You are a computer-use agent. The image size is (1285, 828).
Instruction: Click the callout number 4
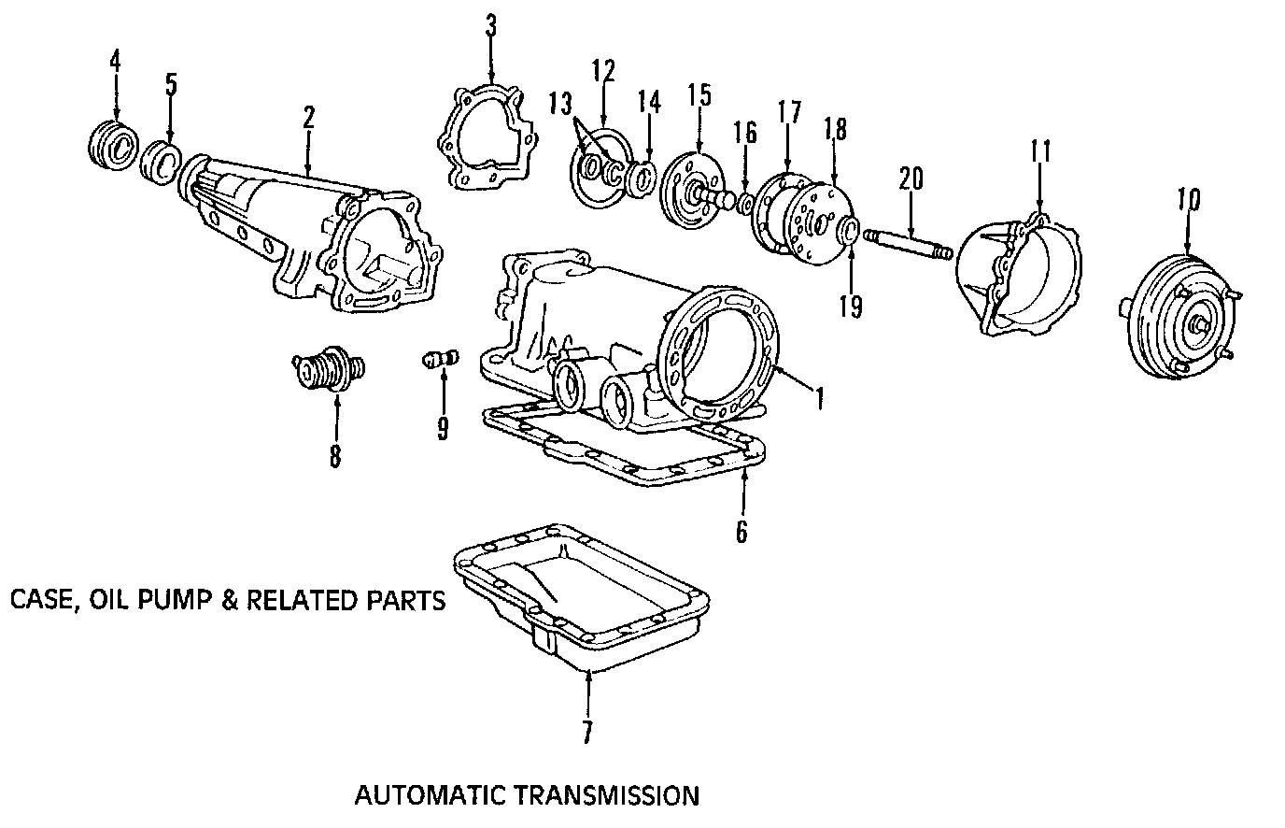click(115, 61)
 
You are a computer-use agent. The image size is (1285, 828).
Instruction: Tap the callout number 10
click(1188, 200)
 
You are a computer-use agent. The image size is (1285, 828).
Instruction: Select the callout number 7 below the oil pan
click(586, 733)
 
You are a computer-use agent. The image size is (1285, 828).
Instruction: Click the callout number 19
click(851, 306)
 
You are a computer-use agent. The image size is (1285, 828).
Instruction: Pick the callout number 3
click(491, 27)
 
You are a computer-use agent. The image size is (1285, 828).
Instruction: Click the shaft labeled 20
click(905, 244)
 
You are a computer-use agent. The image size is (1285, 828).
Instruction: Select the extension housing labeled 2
click(308, 229)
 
